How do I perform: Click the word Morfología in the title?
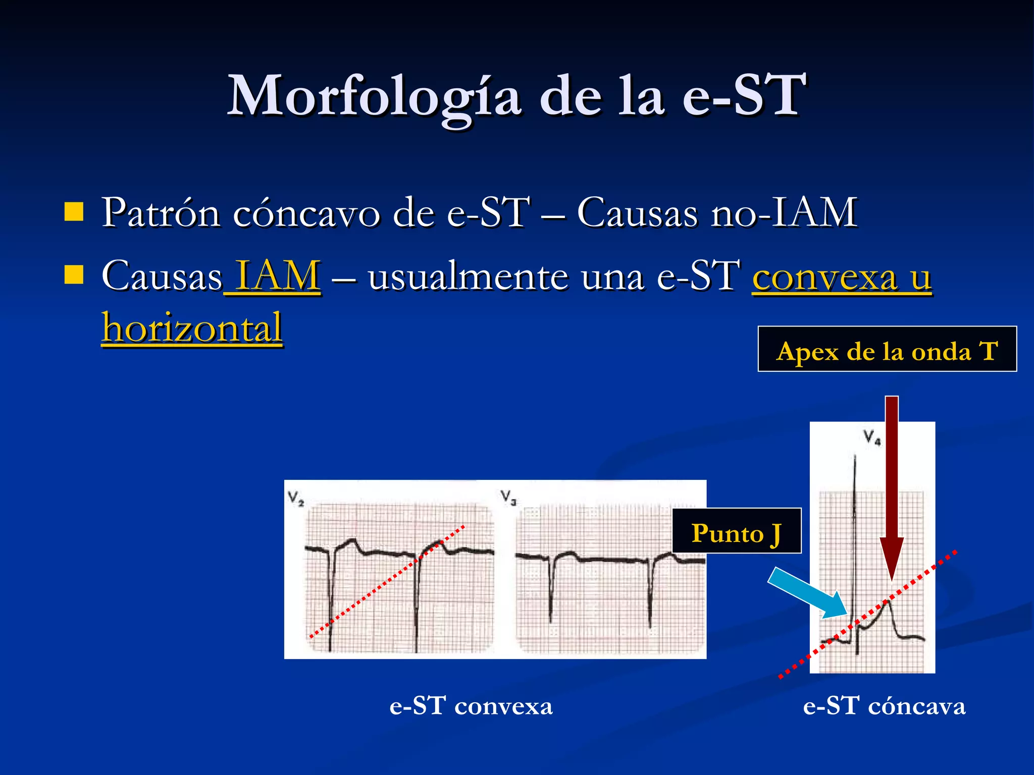click(374, 96)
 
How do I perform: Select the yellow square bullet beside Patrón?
click(74, 212)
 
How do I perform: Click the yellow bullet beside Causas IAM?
click(74, 275)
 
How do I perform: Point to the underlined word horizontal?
click(192, 328)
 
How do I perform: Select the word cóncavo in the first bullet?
click(306, 213)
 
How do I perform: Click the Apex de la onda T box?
click(887, 349)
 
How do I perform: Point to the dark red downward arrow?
click(892, 484)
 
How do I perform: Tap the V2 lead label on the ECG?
click(296, 499)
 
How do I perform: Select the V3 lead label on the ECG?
click(509, 497)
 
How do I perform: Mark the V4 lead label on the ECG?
click(872, 437)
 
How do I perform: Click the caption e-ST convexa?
click(471, 705)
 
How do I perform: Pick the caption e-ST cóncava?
click(884, 705)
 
